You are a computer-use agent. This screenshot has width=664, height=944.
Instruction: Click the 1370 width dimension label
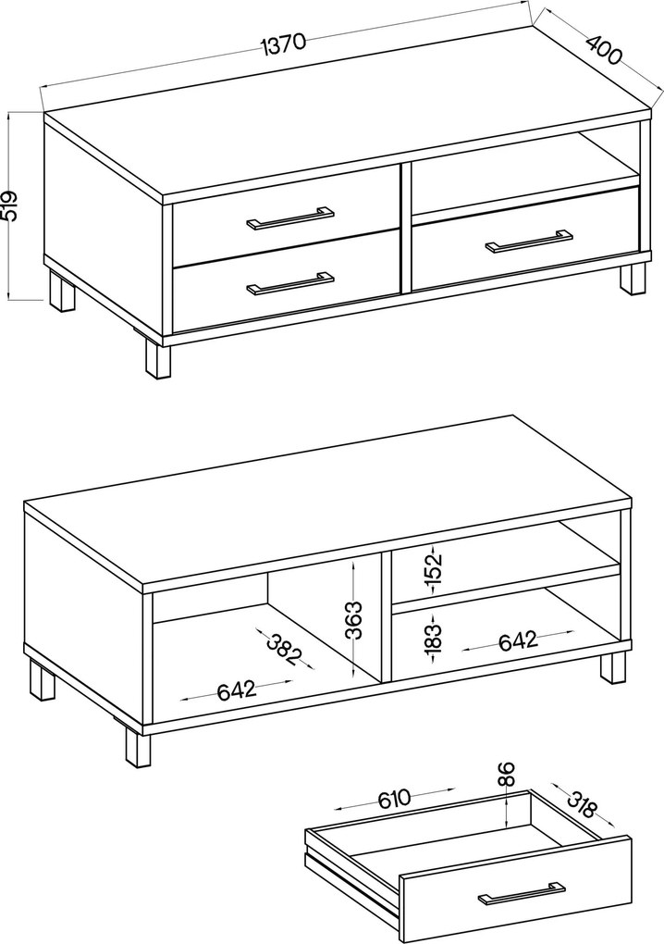tap(284, 43)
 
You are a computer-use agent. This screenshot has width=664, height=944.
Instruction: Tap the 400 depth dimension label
tap(603, 50)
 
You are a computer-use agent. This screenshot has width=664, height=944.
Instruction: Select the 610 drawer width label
tap(394, 799)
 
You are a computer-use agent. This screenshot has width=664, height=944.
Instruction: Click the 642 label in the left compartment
tap(237, 689)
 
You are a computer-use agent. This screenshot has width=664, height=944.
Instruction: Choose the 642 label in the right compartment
tap(519, 640)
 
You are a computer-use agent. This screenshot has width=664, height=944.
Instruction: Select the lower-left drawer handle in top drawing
tap(290, 283)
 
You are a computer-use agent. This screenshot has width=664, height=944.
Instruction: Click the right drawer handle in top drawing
tap(529, 240)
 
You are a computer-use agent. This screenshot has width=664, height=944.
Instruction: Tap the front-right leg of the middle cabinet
tap(611, 667)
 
